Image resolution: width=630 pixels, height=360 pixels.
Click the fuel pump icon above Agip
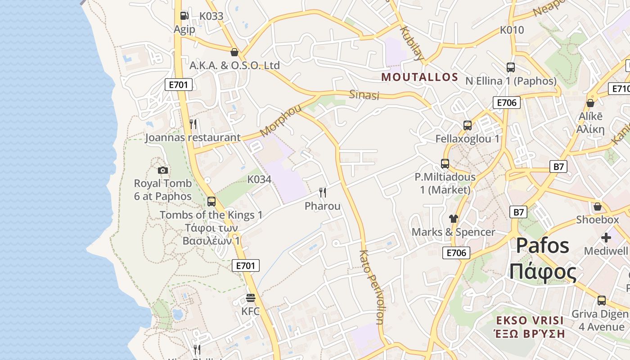(x=184, y=16)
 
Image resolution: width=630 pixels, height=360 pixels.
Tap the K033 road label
(x=211, y=16)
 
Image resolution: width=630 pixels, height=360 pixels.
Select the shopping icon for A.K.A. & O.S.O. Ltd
(x=234, y=52)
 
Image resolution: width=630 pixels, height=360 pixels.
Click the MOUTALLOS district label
(x=419, y=77)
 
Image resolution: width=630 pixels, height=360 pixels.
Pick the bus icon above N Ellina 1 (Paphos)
(x=511, y=67)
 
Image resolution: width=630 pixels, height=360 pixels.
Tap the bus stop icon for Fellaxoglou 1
(x=468, y=126)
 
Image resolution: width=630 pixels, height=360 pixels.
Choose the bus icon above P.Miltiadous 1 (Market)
(x=445, y=164)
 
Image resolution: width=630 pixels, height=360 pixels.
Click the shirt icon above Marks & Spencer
(x=453, y=219)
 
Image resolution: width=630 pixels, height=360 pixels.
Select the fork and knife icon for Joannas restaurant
(x=193, y=124)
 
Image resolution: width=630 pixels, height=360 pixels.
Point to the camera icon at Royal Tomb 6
(x=163, y=170)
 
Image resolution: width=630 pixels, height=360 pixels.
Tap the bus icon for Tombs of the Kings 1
(x=211, y=202)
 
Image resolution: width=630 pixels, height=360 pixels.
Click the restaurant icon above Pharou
(x=323, y=193)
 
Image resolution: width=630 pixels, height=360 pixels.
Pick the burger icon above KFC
(x=251, y=298)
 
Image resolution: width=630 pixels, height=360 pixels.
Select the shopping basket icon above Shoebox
(x=598, y=207)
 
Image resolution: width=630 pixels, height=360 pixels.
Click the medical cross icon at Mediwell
(x=606, y=237)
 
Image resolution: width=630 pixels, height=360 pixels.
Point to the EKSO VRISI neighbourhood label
(x=530, y=320)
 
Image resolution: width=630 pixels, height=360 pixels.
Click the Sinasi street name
(x=364, y=95)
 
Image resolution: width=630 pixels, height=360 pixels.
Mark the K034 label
(x=259, y=180)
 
